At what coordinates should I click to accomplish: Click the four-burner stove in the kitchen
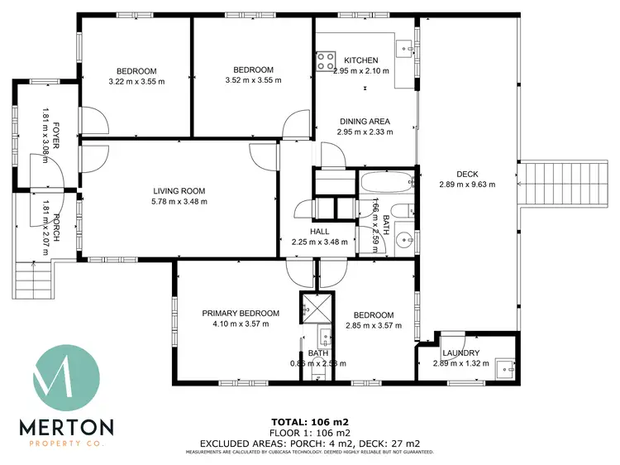coord(325,60)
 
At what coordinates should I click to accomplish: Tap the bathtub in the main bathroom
coord(387,182)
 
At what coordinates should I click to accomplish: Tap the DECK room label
coord(468,174)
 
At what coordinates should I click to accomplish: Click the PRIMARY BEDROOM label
coord(241,314)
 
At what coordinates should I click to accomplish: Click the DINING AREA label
coord(365,121)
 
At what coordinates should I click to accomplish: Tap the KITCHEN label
coord(360,60)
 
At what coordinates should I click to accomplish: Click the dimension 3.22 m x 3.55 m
coord(136,81)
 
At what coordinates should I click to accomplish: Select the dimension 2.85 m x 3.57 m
coord(373,326)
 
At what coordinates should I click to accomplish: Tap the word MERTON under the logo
coord(66,427)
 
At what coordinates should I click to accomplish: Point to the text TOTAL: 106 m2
coord(310,421)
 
